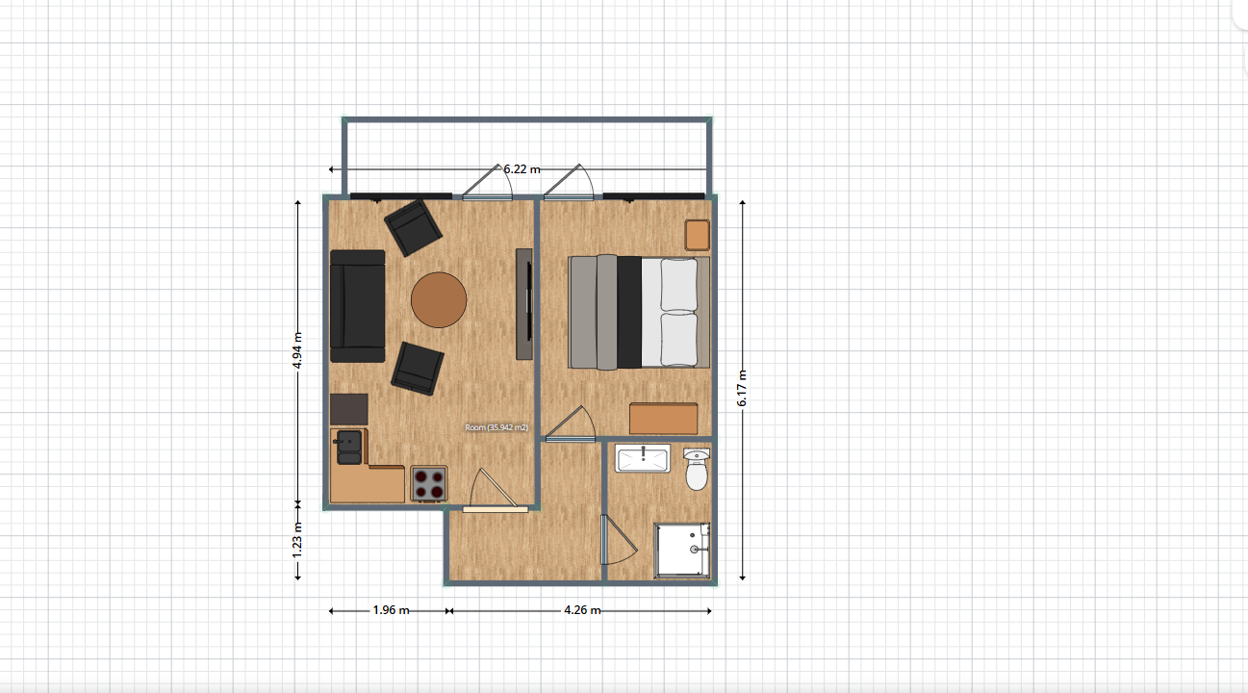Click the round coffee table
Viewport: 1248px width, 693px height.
(439, 300)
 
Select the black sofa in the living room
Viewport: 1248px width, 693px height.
(358, 306)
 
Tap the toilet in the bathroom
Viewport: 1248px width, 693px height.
(697, 470)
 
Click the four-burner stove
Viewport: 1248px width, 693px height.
(429, 484)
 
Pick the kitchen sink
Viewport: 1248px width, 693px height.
(349, 448)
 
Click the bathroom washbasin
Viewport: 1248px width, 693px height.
(643, 458)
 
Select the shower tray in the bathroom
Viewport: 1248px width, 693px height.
(682, 551)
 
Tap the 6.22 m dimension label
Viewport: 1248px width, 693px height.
(522, 169)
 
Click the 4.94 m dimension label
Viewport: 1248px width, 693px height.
(297, 350)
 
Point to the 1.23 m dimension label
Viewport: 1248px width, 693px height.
(297, 540)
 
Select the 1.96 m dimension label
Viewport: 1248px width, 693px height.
(391, 610)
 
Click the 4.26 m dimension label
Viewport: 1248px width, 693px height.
(582, 610)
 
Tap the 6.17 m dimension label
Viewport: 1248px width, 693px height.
(742, 388)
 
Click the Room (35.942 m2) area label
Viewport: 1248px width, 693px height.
(497, 427)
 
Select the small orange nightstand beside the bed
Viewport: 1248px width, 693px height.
(698, 235)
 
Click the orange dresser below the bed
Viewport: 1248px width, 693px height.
(664, 419)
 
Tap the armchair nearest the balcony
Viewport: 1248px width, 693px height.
(414, 228)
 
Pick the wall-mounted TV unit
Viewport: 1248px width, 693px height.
(524, 304)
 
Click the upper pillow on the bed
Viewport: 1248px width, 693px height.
(678, 285)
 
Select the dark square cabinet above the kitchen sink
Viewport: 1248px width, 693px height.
(348, 410)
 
